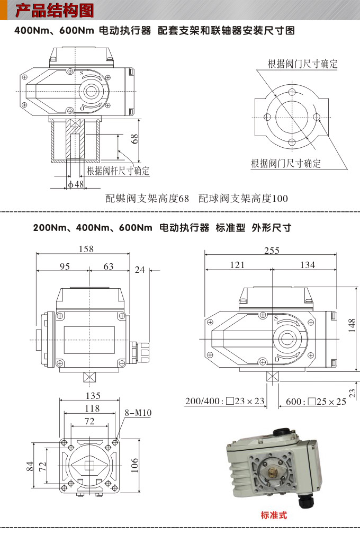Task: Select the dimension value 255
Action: (272, 251)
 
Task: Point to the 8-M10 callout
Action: (138, 413)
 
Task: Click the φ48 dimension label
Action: (76, 184)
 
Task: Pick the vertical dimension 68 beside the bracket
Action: (134, 139)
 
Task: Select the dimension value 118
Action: (92, 408)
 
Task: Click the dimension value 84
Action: (30, 466)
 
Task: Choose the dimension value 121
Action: (237, 264)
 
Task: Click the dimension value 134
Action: (307, 264)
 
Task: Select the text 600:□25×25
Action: (316, 401)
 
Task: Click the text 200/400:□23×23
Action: (224, 401)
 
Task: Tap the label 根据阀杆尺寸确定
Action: (118, 171)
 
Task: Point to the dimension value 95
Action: (65, 266)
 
